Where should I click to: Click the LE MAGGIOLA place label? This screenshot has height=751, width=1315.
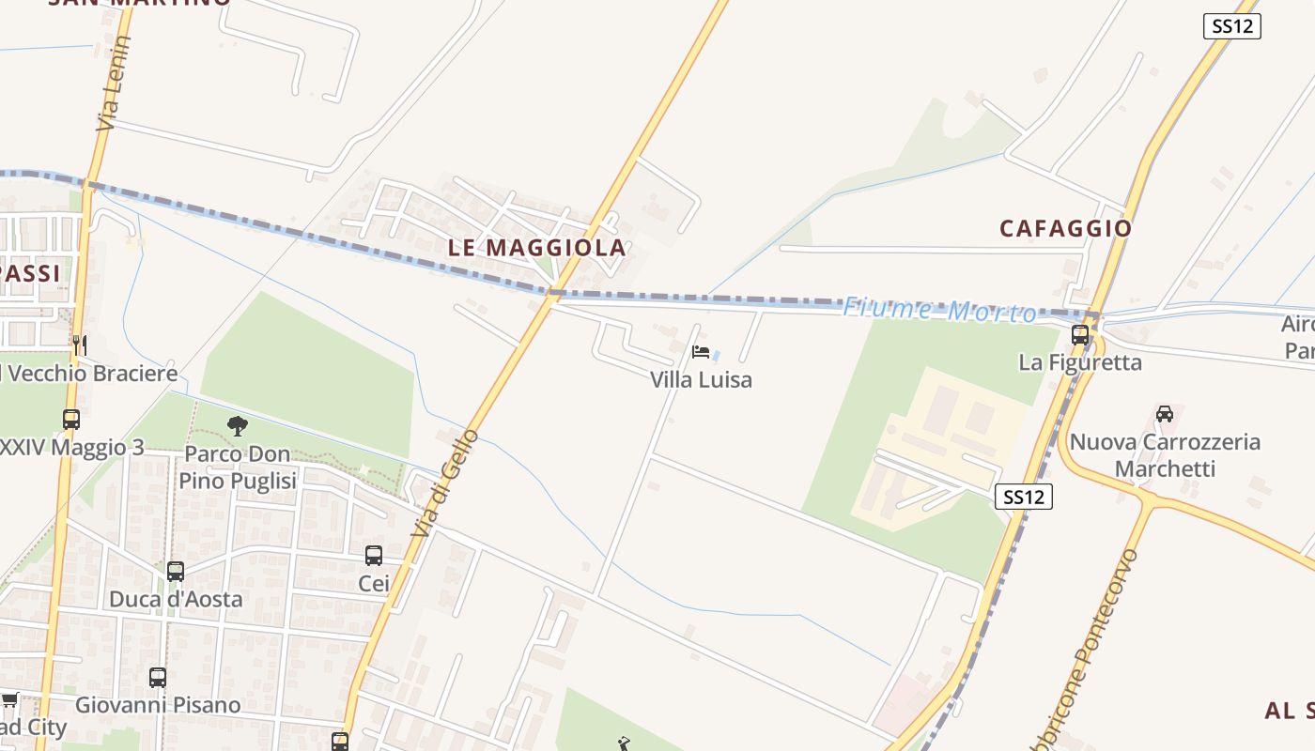537,248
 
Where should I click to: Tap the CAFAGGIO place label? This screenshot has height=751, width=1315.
1065,228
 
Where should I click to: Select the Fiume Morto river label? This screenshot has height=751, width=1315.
938,310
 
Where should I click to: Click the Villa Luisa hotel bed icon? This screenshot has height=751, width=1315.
701,352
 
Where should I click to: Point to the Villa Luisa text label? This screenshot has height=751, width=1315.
702,380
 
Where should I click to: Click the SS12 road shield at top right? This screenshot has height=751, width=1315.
1231,26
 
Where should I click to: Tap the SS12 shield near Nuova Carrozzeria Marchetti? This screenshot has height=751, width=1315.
1023,497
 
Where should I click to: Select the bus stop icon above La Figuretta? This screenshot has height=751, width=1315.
1080,334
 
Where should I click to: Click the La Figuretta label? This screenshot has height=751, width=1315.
1080,362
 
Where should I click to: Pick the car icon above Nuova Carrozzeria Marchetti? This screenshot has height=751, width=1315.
1165,413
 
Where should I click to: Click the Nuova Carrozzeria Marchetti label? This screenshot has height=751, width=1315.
1165,455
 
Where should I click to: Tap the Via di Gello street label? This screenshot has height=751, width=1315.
445,483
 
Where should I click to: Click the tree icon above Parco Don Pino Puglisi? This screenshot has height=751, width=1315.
238,427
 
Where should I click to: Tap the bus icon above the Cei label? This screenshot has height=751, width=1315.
374,556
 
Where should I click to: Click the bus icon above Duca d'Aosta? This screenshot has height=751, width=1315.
176,571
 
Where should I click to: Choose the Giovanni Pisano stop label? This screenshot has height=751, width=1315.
158,705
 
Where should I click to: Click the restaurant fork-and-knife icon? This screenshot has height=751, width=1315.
80,345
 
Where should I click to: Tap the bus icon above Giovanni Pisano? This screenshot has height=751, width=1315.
158,677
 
